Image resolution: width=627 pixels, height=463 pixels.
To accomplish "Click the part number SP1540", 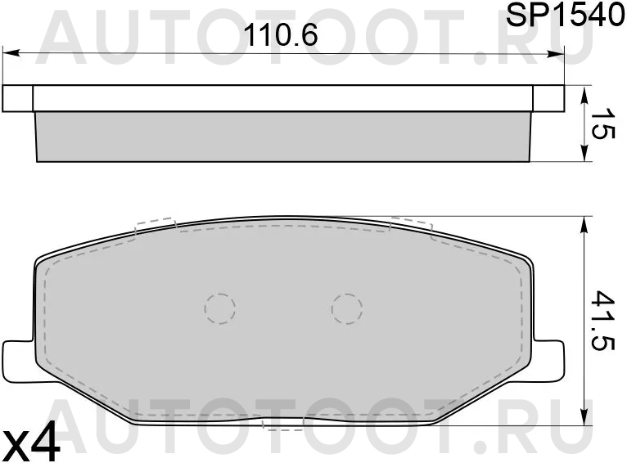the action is click(x=565, y=16).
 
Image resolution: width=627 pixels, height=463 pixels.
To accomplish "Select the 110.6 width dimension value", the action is click(x=281, y=34).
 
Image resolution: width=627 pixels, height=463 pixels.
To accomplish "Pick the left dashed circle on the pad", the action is click(x=220, y=308).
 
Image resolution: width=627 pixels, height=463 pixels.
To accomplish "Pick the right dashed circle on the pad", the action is click(x=347, y=308).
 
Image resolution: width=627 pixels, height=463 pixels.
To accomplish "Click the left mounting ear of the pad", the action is click(x=18, y=361).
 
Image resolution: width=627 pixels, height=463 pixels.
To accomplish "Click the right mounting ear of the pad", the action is click(x=548, y=361).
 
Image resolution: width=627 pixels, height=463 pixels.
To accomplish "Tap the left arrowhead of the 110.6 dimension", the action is click(x=11, y=53).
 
